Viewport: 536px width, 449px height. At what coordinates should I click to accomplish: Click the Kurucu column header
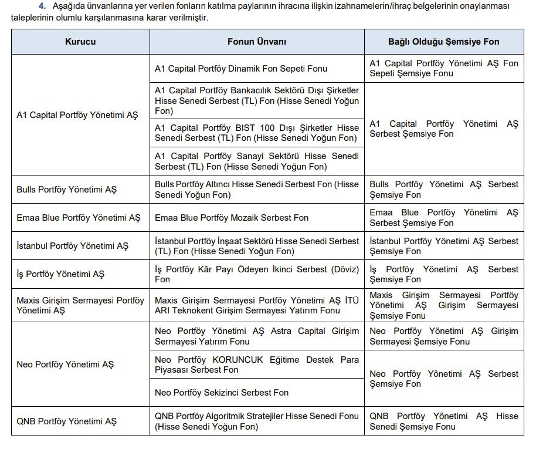point(80,42)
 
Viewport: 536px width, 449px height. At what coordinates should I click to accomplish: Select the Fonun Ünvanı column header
point(257,42)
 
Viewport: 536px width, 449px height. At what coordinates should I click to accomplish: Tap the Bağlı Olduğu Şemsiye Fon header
point(443,42)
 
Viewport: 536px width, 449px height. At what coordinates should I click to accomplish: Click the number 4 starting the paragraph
point(42,6)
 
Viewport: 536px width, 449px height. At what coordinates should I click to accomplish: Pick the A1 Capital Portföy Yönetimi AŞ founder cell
point(77,115)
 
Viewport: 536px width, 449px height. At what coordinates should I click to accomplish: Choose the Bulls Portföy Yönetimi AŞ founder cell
point(67,190)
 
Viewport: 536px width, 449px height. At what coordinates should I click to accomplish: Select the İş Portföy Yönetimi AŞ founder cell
point(60,274)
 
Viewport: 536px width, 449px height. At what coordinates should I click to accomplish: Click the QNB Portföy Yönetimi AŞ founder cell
point(67,421)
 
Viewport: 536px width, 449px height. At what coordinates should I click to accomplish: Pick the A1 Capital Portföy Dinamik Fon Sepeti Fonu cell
point(241,69)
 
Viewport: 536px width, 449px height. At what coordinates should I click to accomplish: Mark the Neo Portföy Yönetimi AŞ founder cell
point(65,364)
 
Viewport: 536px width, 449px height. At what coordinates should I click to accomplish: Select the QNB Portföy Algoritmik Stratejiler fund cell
point(256,421)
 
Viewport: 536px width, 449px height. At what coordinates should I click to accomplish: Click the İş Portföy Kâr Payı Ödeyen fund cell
point(256,274)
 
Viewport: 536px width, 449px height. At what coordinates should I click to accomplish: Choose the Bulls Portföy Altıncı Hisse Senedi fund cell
point(256,190)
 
